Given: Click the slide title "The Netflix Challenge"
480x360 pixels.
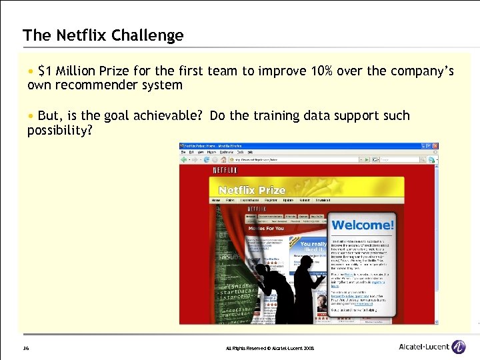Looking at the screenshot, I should [x=103, y=35].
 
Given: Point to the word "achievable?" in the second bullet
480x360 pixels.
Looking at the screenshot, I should [x=169, y=116].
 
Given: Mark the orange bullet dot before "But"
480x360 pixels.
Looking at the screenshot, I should [x=30, y=116].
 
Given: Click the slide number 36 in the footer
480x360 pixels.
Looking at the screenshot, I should [x=25, y=348].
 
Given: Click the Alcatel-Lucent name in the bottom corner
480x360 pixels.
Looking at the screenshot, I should [x=423, y=347].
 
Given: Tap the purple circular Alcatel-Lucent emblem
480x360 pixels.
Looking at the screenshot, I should [x=459, y=347].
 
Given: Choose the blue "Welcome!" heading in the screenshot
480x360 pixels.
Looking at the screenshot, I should [x=363, y=225].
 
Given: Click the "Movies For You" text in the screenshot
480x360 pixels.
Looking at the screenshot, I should [x=266, y=228].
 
